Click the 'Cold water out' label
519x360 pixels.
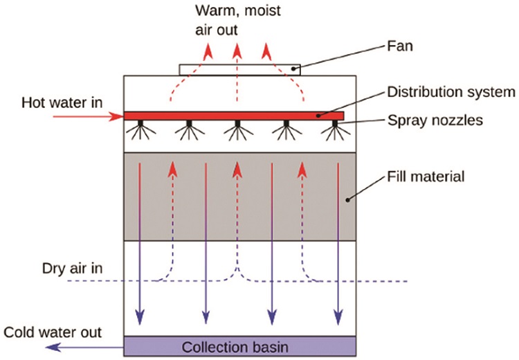53,332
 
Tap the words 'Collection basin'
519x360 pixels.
239,345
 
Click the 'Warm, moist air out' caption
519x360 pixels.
235,21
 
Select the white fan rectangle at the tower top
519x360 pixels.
239,70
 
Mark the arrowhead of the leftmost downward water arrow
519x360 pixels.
140,318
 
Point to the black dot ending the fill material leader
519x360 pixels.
349,200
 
